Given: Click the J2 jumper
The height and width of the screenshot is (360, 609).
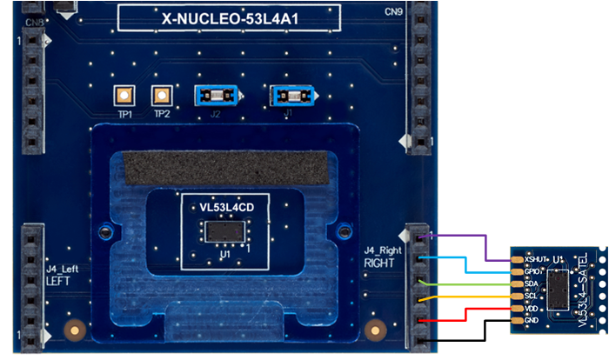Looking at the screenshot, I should point(213,95).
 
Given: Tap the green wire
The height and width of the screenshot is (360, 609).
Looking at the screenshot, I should point(470,283).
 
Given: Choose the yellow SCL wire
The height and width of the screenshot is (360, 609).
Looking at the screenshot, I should point(470,296).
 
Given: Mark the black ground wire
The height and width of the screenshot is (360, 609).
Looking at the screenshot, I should point(470,334).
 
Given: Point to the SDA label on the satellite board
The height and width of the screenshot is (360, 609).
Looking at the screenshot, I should point(531,283).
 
